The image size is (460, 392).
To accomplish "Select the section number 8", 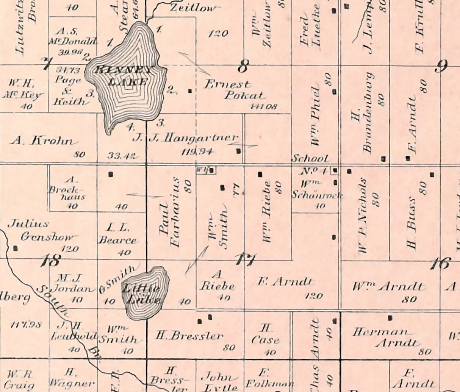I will pyautogui.click(x=243, y=67).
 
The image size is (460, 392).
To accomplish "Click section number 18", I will pyautogui.click(x=52, y=261).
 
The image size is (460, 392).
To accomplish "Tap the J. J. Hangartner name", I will pyautogui.click(x=186, y=138).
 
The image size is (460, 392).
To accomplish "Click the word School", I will pyautogui.click(x=310, y=159).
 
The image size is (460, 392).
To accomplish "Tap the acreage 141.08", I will pyautogui.click(x=264, y=106).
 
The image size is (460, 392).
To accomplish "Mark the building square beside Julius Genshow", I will pyautogui.click(x=16, y=248).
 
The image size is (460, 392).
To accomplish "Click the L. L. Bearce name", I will pyautogui.click(x=117, y=234).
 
